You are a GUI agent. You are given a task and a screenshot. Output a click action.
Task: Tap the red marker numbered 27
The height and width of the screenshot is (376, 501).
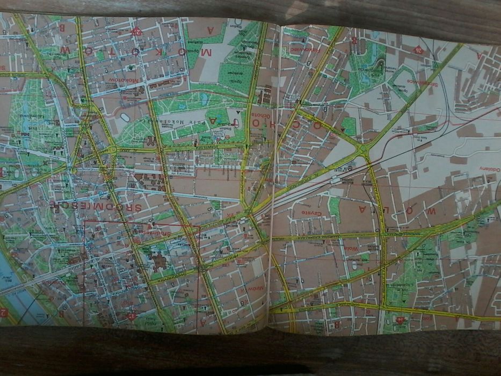pos(136,31)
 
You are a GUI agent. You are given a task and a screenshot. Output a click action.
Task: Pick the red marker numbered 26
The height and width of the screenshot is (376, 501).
pos(418,50)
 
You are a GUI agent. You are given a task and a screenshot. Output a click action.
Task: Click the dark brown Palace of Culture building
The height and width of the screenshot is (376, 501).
pos(160,263)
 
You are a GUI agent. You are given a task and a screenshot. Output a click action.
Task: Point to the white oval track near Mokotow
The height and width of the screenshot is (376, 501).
pos(125,117)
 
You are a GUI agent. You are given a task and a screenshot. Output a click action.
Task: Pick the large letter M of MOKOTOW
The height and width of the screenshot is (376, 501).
pos(205,53)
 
